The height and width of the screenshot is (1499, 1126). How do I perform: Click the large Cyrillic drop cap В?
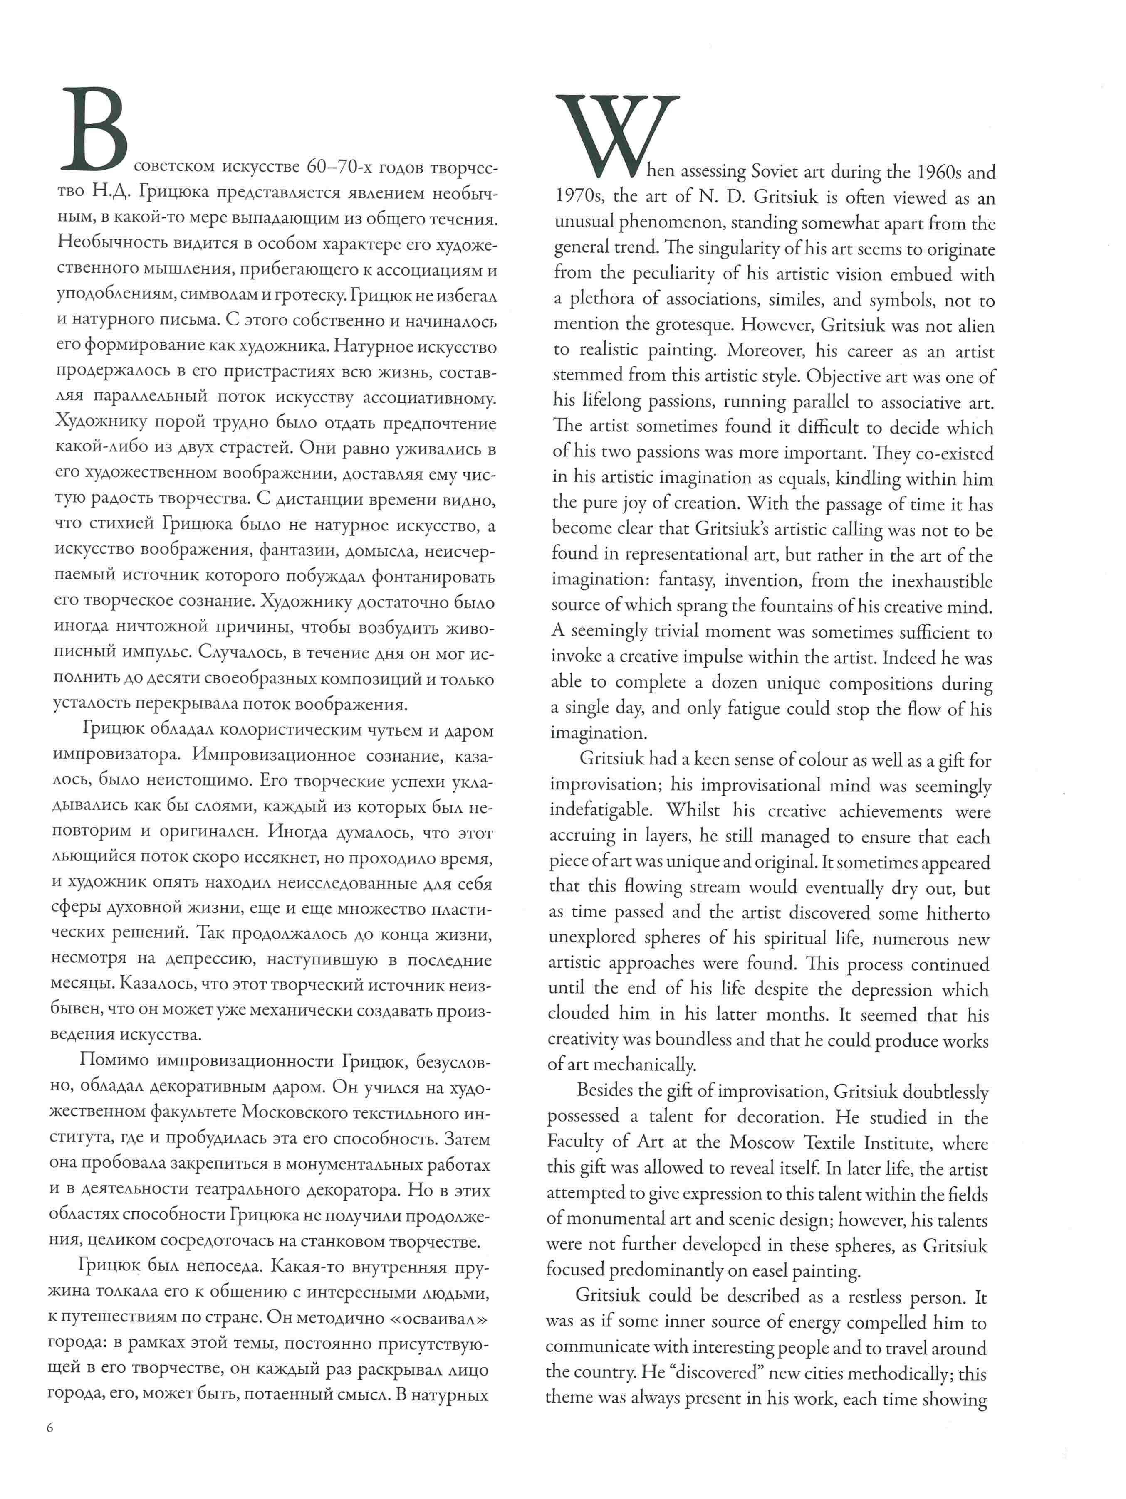[95, 129]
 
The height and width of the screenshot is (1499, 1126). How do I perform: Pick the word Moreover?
[765, 350]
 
